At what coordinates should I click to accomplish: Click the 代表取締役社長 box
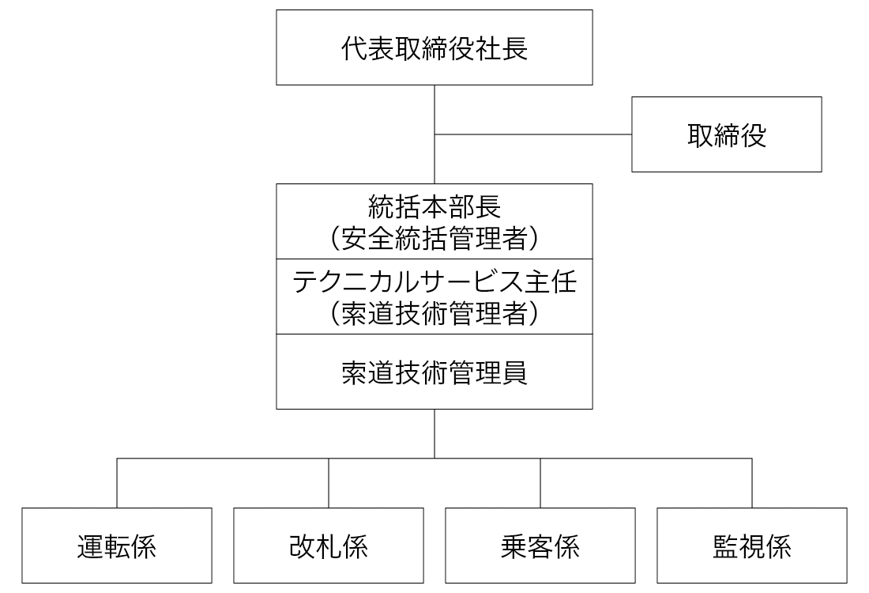(x=434, y=47)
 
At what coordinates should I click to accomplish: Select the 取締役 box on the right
(x=727, y=134)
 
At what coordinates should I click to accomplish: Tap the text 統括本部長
(x=434, y=207)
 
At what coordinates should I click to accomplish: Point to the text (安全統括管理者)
(x=434, y=238)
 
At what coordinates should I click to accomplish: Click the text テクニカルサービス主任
(x=434, y=281)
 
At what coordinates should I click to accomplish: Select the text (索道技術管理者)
(x=434, y=313)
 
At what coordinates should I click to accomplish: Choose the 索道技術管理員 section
(x=434, y=372)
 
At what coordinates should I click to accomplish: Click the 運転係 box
(x=117, y=546)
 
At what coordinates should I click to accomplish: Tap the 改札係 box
(x=329, y=546)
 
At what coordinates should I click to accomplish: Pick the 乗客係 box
(x=540, y=546)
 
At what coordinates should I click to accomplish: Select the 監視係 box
(x=752, y=546)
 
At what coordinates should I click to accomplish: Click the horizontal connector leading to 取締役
(x=533, y=134)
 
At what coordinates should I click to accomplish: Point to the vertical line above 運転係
(x=117, y=483)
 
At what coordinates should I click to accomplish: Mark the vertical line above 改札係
(x=329, y=483)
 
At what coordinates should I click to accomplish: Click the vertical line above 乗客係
(x=540, y=483)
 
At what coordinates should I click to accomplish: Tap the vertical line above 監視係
(x=752, y=483)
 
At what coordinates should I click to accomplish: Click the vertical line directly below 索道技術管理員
(x=434, y=434)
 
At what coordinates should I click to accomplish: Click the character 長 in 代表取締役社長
(x=515, y=48)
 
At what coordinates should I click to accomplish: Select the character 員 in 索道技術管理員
(x=515, y=372)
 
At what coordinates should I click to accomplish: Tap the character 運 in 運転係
(x=90, y=546)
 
